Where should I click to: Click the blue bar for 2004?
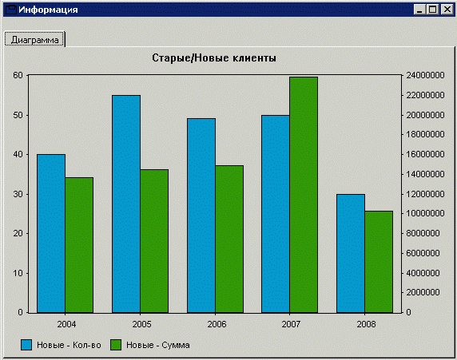51,234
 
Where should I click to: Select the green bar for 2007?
304,195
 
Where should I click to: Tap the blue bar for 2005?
126,204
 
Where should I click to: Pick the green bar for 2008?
379,262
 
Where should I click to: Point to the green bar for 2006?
229,239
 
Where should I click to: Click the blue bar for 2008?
351,253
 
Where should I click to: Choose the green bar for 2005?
154,241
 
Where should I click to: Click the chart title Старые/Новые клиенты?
214,57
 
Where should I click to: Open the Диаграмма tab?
34,40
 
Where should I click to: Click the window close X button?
447,10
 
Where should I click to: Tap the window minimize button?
419,10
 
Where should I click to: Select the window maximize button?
433,10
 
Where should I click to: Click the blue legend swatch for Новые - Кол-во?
26,345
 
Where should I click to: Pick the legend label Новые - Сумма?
157,345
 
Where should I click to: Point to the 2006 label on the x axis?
217,324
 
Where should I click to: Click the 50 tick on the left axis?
18,115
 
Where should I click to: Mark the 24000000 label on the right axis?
425,75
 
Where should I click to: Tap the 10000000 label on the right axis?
425,213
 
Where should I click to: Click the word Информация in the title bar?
48,10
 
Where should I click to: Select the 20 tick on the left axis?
18,233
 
